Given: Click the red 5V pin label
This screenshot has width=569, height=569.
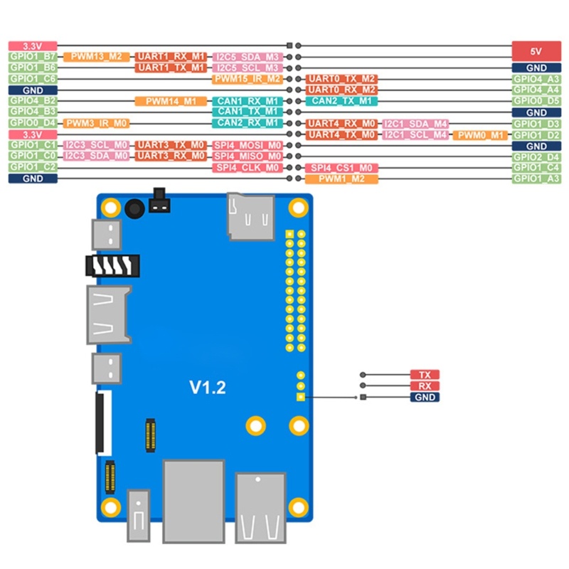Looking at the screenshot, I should (x=536, y=51).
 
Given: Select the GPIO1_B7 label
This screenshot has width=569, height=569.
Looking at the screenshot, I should (x=33, y=56).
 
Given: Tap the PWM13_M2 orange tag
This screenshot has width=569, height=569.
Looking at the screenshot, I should (x=95, y=56).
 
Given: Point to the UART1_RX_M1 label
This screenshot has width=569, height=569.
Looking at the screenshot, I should (x=171, y=56).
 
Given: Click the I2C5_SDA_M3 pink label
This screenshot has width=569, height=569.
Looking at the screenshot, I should (x=248, y=56).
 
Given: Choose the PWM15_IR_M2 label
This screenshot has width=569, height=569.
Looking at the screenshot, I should (x=248, y=79).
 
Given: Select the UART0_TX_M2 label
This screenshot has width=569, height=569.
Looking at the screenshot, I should (x=341, y=79).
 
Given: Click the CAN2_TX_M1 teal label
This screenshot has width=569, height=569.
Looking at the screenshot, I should (x=341, y=101).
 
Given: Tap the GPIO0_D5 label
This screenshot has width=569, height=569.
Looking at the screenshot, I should (x=536, y=101).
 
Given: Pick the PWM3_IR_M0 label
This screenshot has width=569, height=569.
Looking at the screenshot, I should (x=95, y=123).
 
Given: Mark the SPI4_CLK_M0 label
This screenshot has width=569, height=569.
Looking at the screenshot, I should (x=248, y=167).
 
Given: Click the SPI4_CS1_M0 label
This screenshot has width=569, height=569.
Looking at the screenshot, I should (x=341, y=168).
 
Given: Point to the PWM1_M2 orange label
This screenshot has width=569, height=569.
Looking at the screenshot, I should (x=341, y=179).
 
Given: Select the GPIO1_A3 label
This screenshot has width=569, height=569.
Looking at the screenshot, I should (x=536, y=179).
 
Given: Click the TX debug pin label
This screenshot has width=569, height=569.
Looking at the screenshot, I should (x=425, y=375).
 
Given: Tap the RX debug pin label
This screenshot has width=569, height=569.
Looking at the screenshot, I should (x=425, y=386).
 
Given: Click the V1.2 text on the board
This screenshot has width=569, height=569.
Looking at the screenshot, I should (x=207, y=388).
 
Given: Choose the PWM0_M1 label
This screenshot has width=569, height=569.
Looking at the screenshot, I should (x=480, y=134).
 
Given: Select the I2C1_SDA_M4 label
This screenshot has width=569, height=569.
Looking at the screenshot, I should (x=415, y=124).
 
